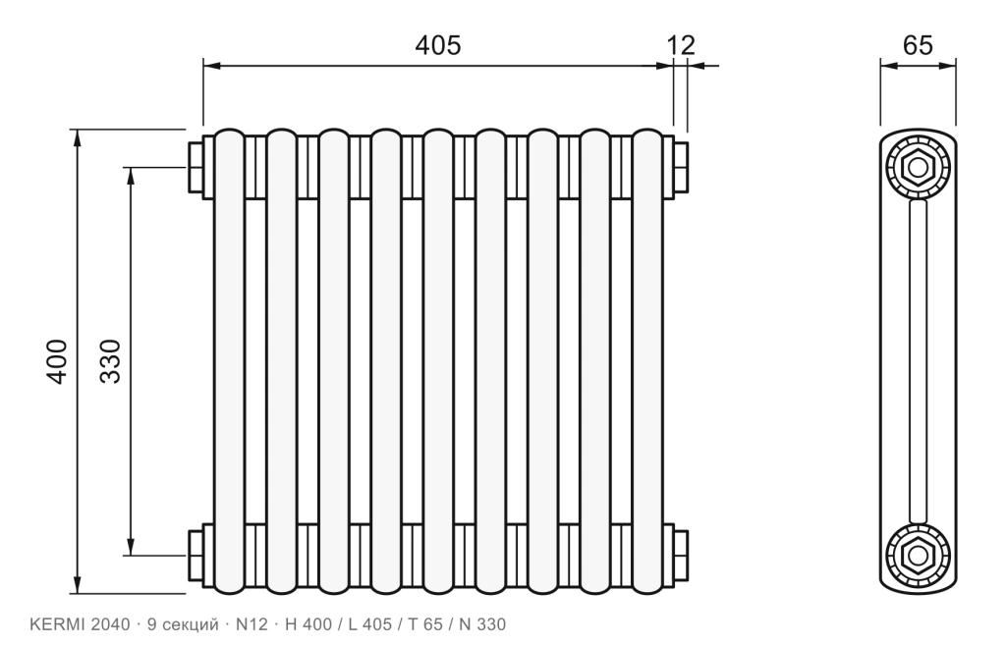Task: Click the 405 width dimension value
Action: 437,45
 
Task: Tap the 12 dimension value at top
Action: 681,45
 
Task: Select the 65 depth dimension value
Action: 918,45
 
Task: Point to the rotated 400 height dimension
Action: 56,362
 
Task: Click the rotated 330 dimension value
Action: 110,361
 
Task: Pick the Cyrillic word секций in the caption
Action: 192,624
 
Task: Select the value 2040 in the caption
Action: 110,624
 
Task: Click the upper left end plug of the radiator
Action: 196,167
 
